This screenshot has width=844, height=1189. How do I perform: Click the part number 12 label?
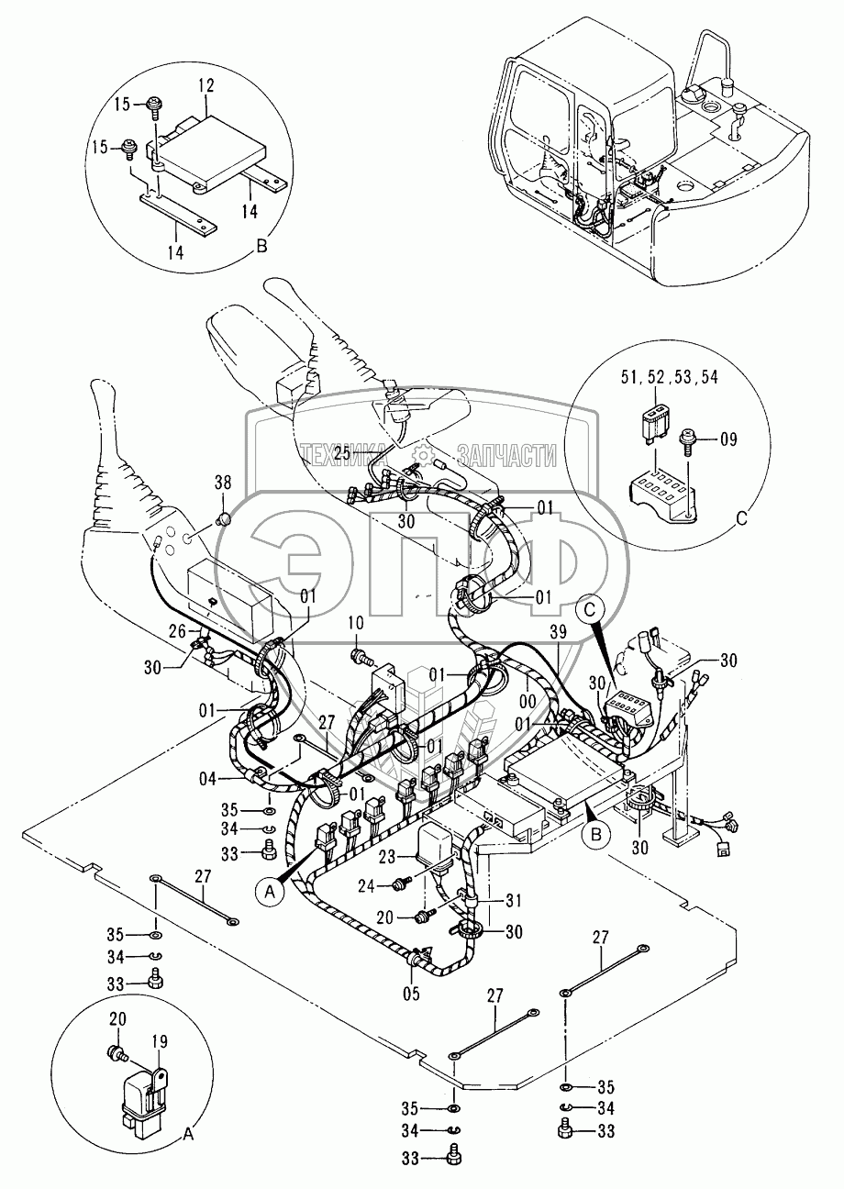206,86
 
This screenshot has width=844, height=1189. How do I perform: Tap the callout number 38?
223,483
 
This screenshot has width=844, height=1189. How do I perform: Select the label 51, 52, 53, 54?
670,377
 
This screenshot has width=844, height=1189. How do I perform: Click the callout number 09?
728,439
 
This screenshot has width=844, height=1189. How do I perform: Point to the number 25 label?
342,453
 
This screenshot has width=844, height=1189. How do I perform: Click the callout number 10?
356,623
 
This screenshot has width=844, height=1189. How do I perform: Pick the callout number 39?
558,632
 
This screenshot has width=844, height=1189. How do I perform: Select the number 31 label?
514,901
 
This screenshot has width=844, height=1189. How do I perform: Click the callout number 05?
411,994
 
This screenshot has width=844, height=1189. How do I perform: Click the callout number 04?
207,779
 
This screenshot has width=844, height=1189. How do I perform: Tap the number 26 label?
177,631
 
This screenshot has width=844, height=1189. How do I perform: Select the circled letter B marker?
595,835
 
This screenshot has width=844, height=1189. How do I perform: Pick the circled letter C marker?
591,611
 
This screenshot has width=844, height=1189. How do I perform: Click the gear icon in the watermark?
423,454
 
